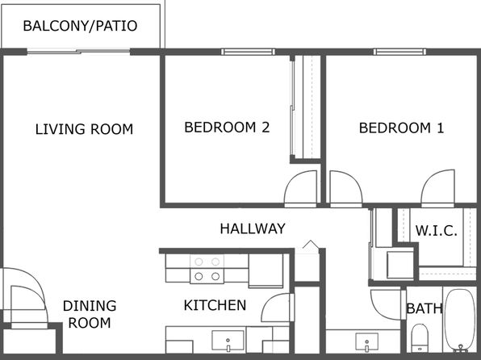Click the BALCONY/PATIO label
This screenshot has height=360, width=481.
tap(80, 26)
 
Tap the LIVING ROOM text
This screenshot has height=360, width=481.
tap(84, 129)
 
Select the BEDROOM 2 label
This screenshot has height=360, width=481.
tap(227, 127)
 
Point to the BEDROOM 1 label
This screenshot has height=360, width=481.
tap(401, 128)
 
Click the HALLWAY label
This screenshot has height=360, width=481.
tap(253, 228)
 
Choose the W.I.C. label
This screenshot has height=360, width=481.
tap(437, 231)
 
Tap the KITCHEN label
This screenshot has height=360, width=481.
tap(215, 305)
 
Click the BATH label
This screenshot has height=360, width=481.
tap(425, 308)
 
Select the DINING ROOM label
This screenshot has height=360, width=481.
tap(90, 314)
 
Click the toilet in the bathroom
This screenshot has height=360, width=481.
tap(420, 337)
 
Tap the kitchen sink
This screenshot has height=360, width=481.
tap(228, 341)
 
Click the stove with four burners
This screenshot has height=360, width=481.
tap(207, 269)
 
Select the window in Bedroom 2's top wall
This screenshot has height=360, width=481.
tap(248, 52)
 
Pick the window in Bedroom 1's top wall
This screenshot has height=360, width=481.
tap(399, 52)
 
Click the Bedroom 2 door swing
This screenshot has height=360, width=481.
tap(300, 189)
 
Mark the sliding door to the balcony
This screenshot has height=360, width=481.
tap(78, 52)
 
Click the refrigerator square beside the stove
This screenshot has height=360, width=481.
tap(266, 270)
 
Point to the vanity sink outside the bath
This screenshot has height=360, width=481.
tap(367, 342)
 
